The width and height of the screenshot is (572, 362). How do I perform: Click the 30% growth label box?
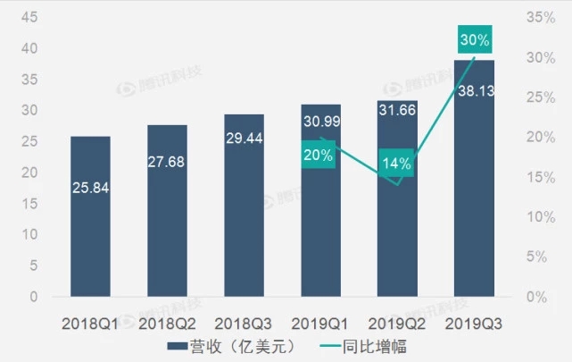[x=473, y=39]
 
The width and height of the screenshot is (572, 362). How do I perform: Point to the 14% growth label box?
[x=396, y=164]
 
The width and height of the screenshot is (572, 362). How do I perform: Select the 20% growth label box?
[x=319, y=155]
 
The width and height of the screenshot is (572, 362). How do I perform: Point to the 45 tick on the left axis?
[x=30, y=17]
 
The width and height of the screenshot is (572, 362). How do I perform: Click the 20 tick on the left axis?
[x=30, y=173]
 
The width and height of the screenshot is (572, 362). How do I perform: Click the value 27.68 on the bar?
[x=167, y=162]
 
